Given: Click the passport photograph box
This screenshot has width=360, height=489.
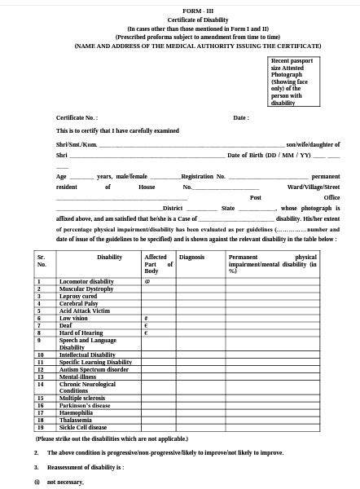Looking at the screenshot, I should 292,81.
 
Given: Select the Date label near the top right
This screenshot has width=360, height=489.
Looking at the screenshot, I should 240,117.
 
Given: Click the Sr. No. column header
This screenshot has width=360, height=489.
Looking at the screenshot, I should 42,261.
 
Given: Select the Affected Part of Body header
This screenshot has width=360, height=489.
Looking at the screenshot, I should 158,263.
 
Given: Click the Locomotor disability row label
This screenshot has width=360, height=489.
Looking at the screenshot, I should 86,281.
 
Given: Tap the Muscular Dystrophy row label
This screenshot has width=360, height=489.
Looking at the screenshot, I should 86,289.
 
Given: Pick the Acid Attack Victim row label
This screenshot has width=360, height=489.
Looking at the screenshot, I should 84,311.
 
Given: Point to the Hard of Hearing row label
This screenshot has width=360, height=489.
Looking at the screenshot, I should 81,333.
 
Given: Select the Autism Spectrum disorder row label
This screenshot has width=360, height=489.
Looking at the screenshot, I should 94,369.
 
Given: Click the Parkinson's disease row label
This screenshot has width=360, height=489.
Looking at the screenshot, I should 84,405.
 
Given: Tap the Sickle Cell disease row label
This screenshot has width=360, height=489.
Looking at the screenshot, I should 82,427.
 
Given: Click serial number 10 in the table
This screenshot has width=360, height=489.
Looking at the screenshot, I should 40,355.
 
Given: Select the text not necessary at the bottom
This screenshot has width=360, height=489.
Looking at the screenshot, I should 65,482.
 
